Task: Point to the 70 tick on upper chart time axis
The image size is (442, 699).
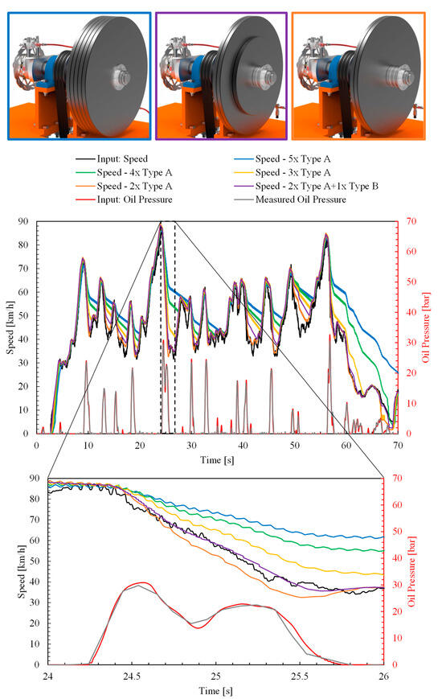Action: pos(397,443)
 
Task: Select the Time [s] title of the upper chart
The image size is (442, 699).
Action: pos(216,455)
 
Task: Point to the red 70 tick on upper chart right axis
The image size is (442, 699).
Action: pos(408,221)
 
